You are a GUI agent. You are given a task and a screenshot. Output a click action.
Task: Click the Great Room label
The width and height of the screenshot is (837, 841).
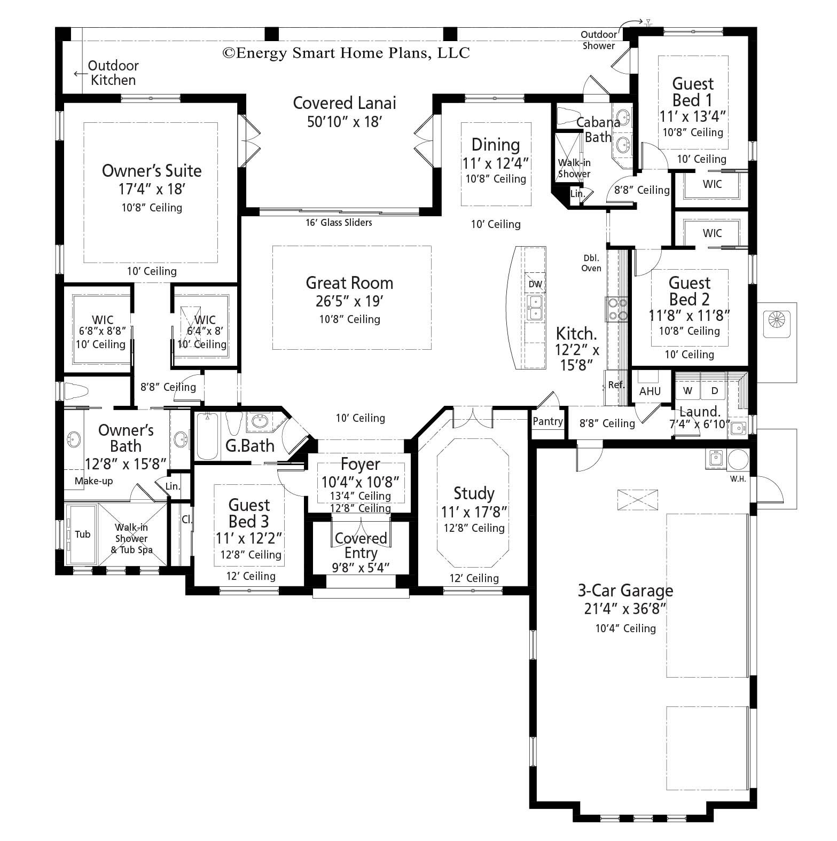(349, 283)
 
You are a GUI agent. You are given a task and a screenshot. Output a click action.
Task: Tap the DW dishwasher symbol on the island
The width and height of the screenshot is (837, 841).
(535, 284)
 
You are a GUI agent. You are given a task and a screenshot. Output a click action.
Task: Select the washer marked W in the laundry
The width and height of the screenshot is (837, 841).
(688, 390)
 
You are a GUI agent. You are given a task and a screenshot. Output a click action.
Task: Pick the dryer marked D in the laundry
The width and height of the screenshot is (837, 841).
(715, 390)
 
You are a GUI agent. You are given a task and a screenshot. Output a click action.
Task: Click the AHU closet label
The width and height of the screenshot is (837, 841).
(650, 391)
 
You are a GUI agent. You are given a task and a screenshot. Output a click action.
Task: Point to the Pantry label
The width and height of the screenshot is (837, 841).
(548, 421)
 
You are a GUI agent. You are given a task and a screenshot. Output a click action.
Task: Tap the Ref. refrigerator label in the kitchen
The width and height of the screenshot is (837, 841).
(616, 384)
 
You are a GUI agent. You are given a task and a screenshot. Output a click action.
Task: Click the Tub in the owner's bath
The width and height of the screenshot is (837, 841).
(82, 534)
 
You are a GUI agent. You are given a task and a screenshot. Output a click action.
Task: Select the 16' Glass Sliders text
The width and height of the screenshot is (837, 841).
(339, 223)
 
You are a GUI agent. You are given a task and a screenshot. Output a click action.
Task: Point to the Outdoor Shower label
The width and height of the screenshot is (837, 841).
(599, 40)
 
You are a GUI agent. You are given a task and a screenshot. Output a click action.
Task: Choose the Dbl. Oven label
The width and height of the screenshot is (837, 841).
(591, 263)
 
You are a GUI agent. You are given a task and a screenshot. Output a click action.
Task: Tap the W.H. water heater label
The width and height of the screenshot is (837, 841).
(738, 479)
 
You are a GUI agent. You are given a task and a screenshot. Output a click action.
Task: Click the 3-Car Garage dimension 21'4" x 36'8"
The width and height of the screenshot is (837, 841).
(625, 609)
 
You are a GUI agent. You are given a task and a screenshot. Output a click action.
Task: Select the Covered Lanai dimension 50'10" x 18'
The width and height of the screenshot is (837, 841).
(344, 122)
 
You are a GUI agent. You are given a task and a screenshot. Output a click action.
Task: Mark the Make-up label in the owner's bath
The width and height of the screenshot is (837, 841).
(93, 481)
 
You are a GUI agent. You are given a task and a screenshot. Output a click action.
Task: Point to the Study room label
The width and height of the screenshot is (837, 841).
(474, 493)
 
